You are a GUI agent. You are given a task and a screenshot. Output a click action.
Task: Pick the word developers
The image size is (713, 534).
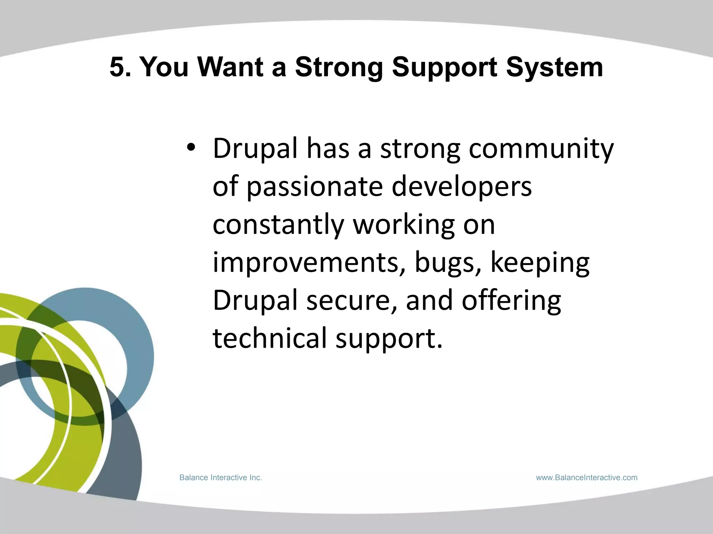click(x=462, y=187)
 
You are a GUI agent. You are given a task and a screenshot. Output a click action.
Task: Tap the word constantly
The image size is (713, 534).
click(x=278, y=225)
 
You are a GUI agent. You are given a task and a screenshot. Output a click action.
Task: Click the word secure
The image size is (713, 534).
click(x=351, y=301)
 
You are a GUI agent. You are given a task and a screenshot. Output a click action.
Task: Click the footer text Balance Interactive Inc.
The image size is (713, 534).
click(x=220, y=478)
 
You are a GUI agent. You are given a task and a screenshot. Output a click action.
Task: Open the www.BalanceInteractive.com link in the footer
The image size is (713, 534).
click(x=587, y=478)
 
